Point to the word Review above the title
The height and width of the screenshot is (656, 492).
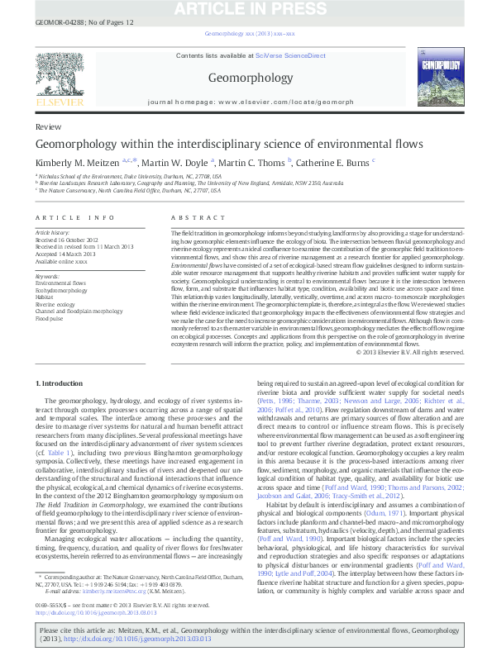click(48, 128)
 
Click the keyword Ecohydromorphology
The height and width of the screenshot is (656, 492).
click(62, 291)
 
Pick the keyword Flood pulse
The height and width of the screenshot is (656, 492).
click(49, 317)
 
